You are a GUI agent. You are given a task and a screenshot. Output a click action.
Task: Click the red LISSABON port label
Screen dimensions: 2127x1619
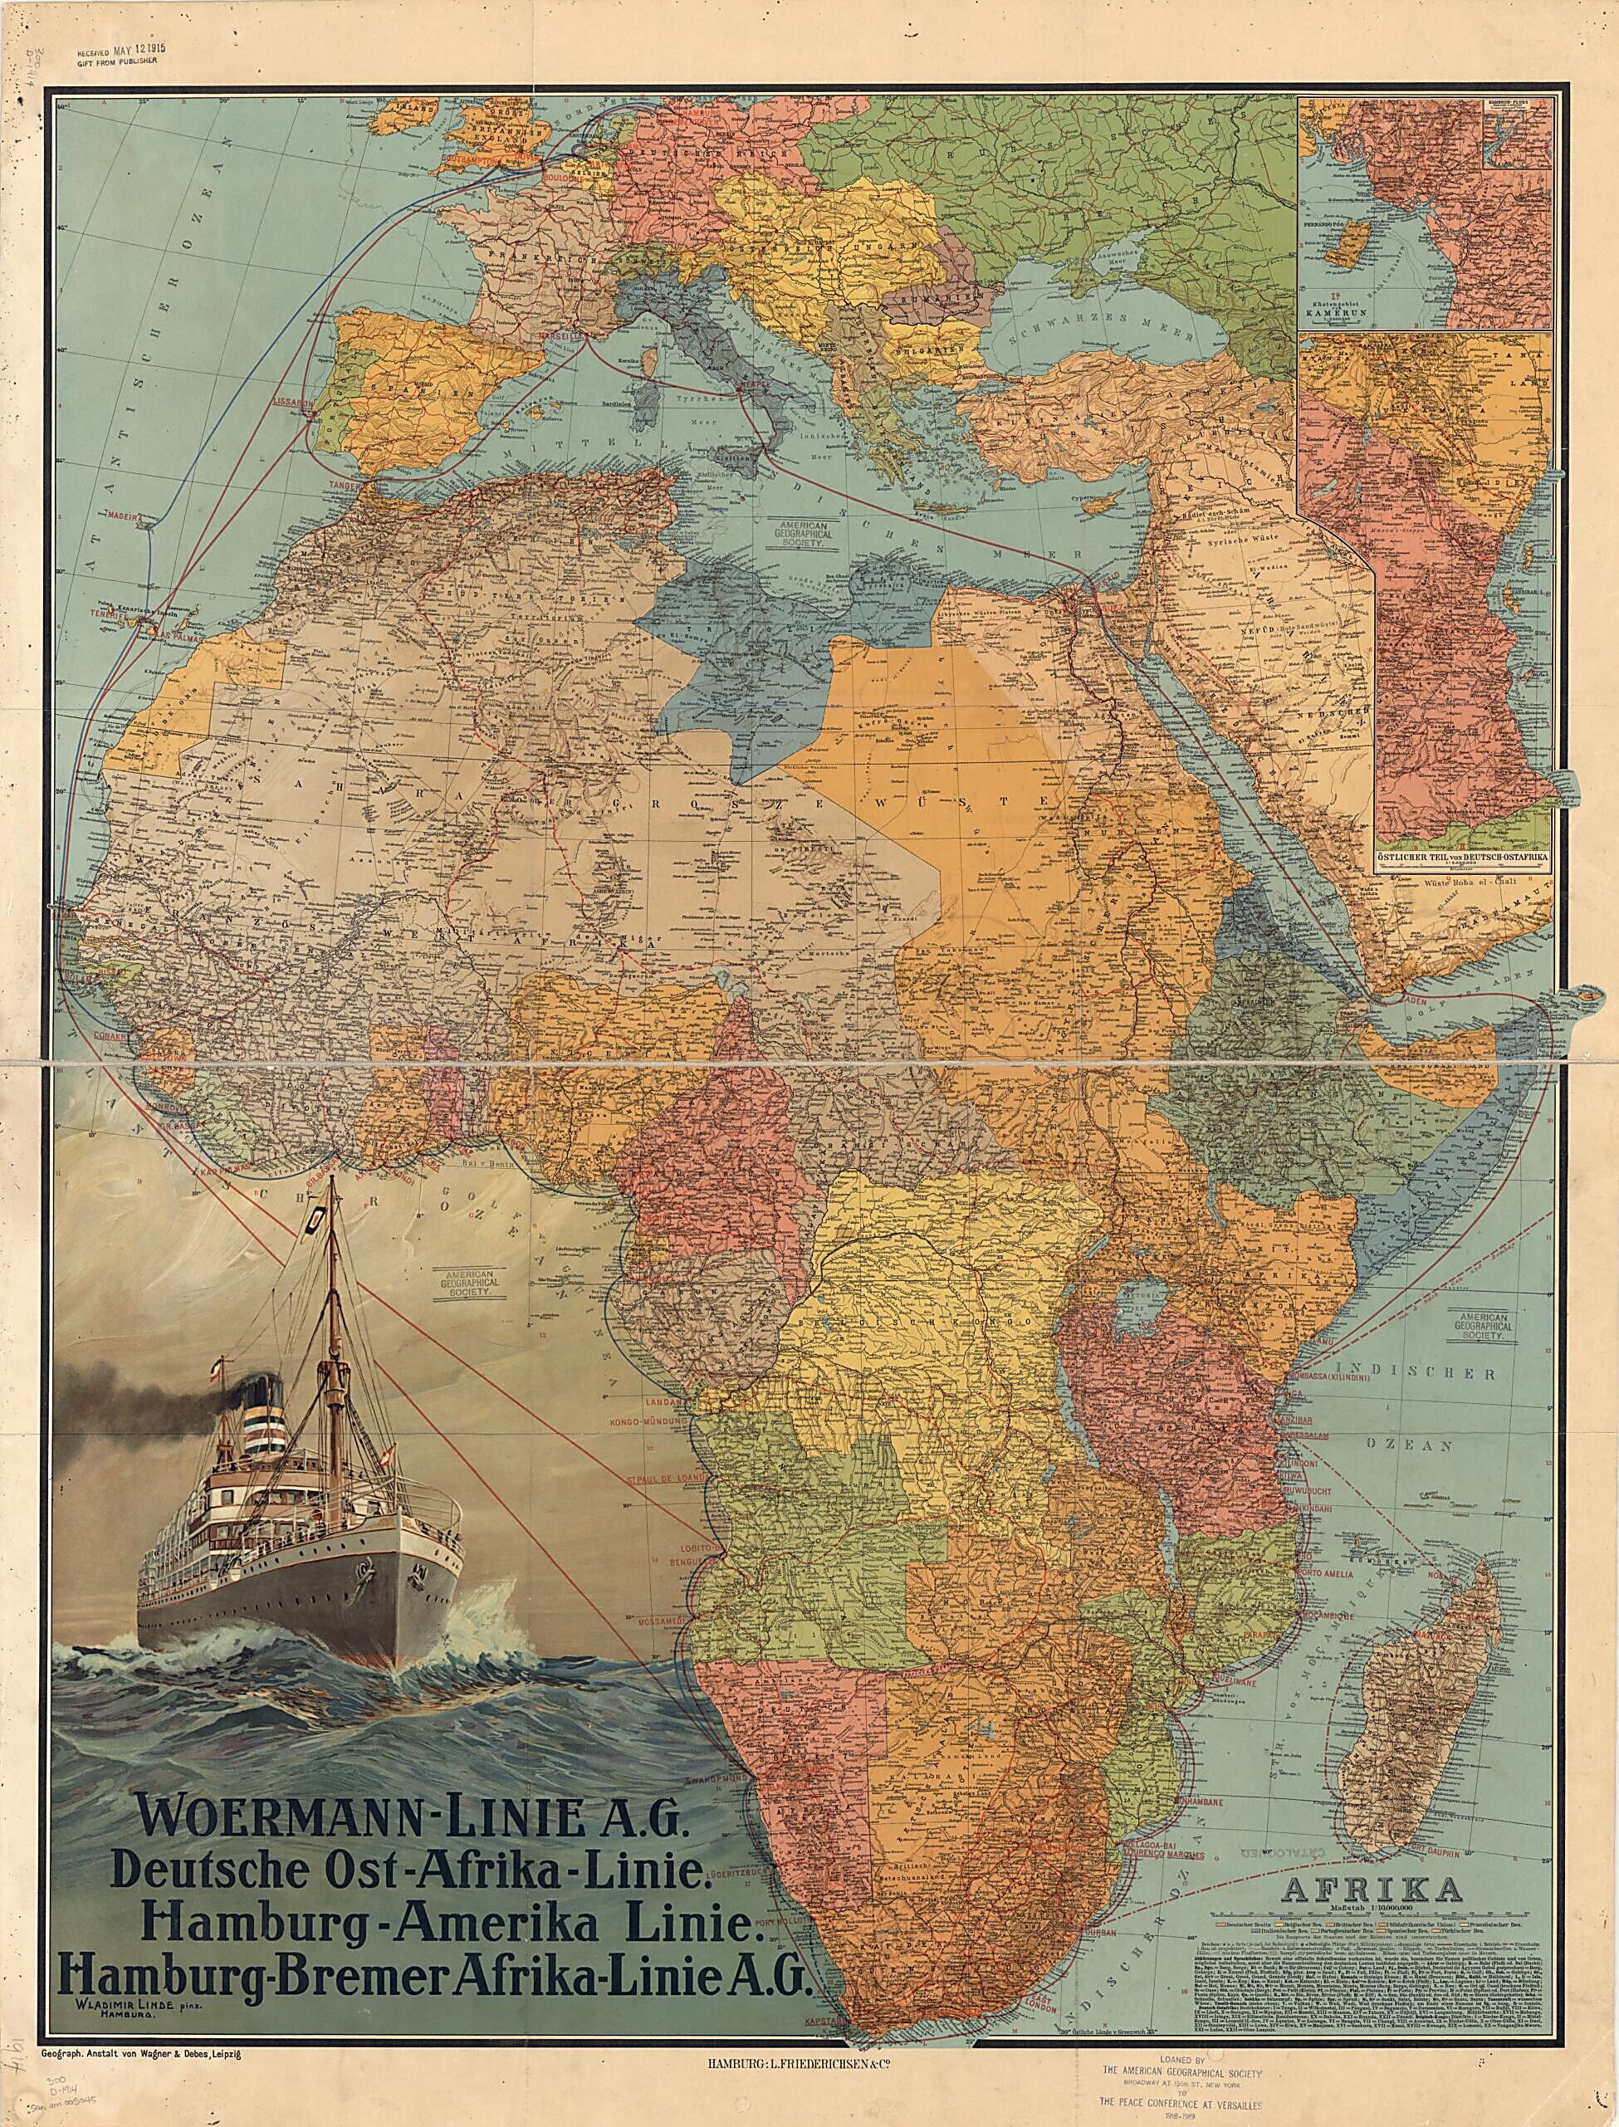pyautogui.click(x=295, y=398)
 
